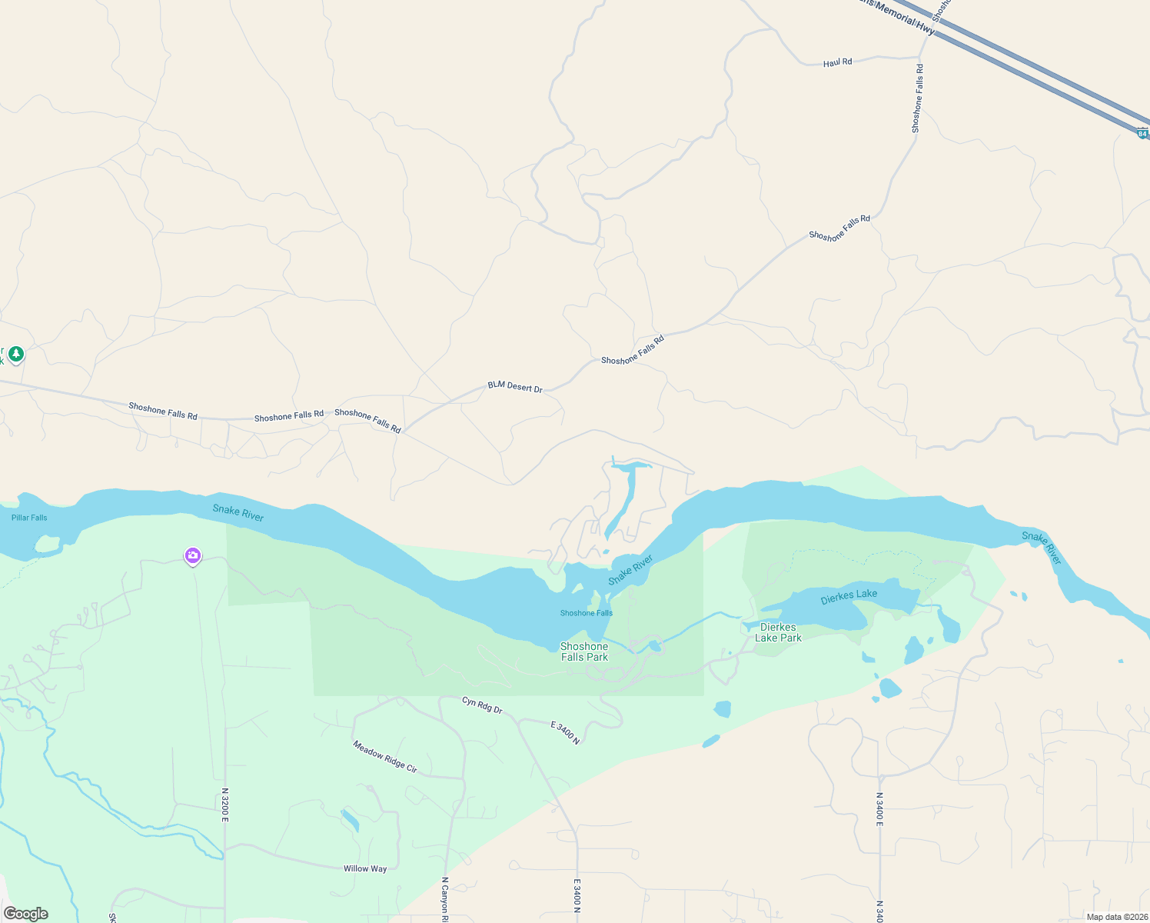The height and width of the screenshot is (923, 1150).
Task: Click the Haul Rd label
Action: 837,62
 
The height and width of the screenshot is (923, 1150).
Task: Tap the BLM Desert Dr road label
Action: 515,387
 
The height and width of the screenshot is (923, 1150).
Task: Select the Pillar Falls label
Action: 29,518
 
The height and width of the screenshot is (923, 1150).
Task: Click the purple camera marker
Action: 193,555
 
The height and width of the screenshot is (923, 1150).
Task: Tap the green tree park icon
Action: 16,355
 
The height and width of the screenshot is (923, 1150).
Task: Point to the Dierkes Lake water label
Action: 849,596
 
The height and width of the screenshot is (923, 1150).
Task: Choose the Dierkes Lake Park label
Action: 778,632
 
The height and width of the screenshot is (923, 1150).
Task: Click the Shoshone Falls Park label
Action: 584,651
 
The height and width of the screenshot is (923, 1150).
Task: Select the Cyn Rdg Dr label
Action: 482,705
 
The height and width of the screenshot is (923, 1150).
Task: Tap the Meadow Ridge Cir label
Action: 385,757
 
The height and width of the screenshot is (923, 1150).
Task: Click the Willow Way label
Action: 365,869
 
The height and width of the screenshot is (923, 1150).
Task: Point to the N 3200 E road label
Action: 225,805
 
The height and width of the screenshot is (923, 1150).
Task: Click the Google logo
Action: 26,914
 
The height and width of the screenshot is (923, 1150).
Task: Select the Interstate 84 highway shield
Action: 1142,134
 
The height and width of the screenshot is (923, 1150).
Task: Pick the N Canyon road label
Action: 444,897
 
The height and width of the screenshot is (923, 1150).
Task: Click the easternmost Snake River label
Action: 1042,548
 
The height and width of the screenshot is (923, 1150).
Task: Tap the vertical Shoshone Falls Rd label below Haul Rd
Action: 917,99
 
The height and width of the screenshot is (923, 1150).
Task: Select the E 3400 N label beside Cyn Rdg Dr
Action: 565,732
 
